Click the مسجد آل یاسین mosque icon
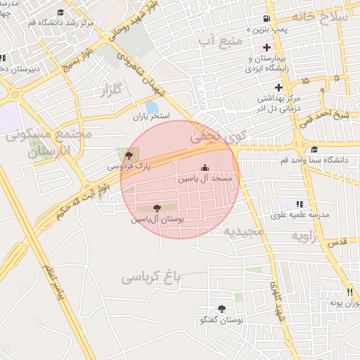[x=205, y=167]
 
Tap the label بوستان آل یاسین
[x=156, y=219]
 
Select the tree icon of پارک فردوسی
[x=128, y=155]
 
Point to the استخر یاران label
[x=153, y=117]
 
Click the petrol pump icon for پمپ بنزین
[x=265, y=18]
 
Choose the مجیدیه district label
[x=243, y=231]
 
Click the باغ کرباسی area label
[x=151, y=276]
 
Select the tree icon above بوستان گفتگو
[x=222, y=309]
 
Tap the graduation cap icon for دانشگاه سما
[x=314, y=149]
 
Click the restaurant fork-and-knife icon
[x=349, y=292]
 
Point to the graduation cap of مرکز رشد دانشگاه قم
[x=60, y=12]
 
